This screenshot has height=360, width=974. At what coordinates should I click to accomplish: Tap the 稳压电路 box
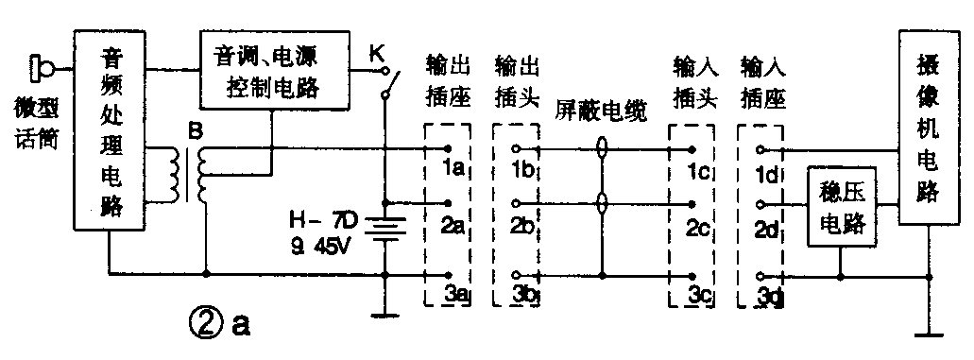[839, 206]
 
